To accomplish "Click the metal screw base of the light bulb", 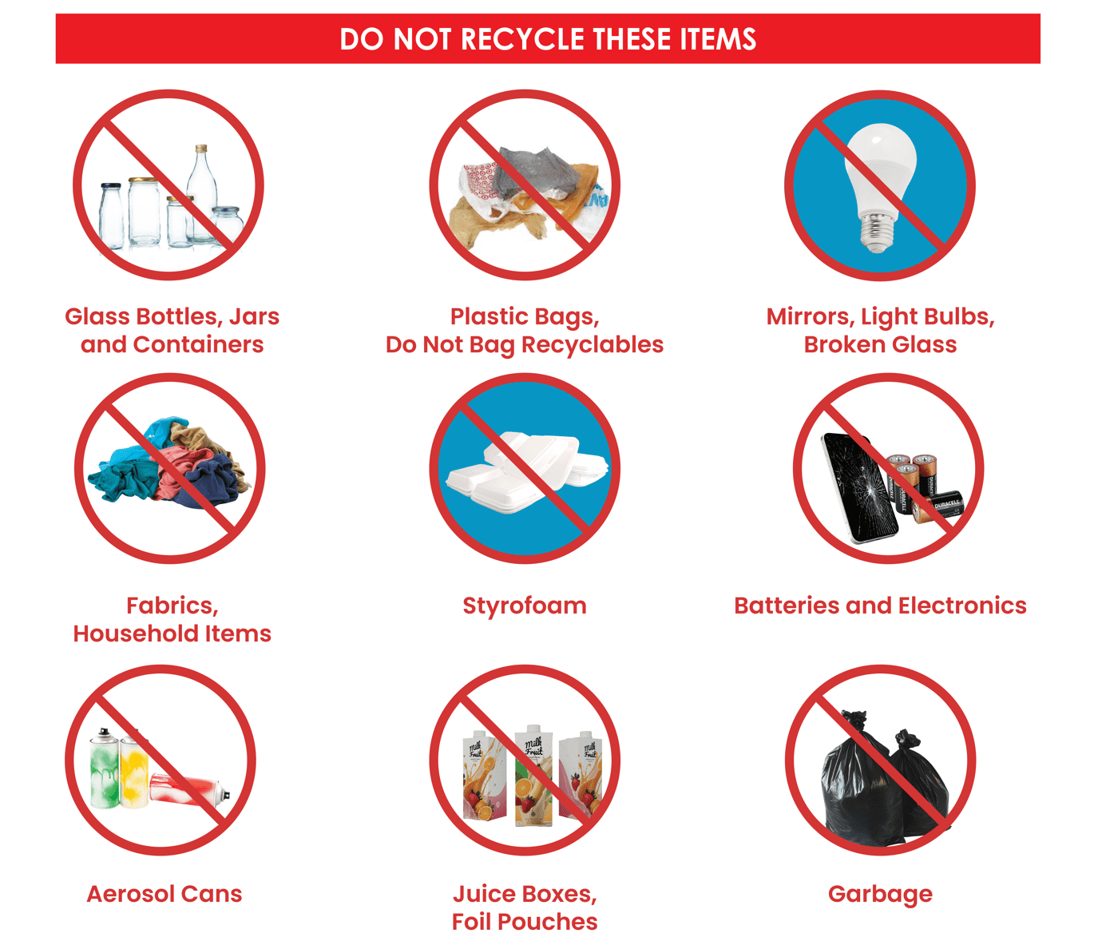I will pyautogui.click(x=877, y=232).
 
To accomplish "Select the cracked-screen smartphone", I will pyautogui.click(x=858, y=487).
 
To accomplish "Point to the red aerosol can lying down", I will pyautogui.click(x=188, y=790).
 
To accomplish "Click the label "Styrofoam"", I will pyautogui.click(x=525, y=606).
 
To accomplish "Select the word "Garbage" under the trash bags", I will pyautogui.click(x=880, y=894).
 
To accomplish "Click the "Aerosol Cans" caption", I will pyautogui.click(x=164, y=894).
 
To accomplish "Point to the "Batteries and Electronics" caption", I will pyautogui.click(x=880, y=606).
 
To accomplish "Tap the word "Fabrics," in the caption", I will pyautogui.click(x=172, y=606).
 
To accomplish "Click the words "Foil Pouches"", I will pyautogui.click(x=525, y=922).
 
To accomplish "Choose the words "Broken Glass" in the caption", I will pyautogui.click(x=880, y=344).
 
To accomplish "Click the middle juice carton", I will pyautogui.click(x=530, y=775).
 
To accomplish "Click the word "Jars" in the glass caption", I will pyautogui.click(x=254, y=316).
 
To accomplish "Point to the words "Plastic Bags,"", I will pyautogui.click(x=525, y=316).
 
